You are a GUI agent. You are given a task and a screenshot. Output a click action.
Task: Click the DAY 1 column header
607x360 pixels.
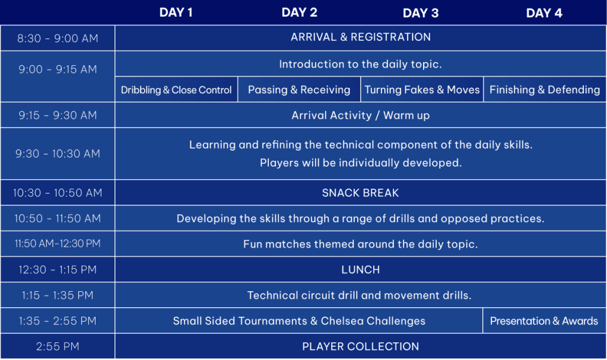[176, 12]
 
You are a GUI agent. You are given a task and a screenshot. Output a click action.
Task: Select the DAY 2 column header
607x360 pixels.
[299, 12]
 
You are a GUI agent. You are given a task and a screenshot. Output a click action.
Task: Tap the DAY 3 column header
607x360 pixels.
[421, 13]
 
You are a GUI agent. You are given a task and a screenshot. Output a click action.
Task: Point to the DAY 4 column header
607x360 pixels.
[544, 13]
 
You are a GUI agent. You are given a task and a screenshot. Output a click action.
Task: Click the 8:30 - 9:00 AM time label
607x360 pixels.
[58, 39]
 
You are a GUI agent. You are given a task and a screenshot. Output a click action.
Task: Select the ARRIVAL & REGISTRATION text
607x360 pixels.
[361, 37]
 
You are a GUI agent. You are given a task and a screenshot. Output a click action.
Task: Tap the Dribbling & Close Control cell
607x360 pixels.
[176, 90]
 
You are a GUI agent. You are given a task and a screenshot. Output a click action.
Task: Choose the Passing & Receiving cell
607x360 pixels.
[299, 90]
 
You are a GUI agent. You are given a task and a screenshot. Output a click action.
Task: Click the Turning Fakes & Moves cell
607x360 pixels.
[422, 90]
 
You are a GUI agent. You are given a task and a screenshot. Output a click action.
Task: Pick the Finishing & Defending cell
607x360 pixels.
[545, 90]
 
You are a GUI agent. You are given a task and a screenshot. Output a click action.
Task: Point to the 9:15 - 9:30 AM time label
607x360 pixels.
[58, 116]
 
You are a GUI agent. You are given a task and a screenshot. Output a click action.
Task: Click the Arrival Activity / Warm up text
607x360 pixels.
[360, 116]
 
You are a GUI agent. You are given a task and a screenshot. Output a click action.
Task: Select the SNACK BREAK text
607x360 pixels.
[360, 193]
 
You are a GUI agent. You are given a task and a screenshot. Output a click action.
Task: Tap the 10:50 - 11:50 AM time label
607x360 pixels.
[58, 218]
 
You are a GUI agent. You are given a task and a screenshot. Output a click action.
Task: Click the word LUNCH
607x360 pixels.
[360, 270]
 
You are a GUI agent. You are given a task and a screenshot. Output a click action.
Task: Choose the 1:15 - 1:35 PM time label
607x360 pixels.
[58, 295]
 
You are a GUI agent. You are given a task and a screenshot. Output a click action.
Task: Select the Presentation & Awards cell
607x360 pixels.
[544, 321]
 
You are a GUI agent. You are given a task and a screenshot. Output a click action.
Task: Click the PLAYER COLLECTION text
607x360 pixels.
[360, 346]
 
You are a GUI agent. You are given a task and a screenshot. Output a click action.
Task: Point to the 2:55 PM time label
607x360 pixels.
[58, 346]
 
